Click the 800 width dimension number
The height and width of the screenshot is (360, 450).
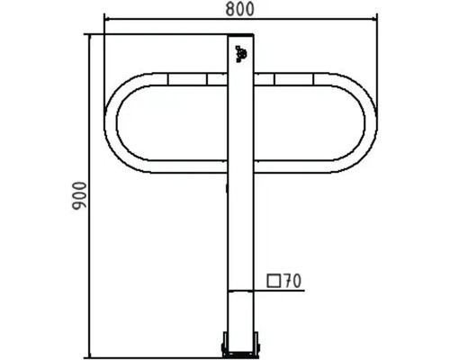point(240,9)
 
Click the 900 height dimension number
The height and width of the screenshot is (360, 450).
point(80,195)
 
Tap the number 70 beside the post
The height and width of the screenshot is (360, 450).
point(292,281)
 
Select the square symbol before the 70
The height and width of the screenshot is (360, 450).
point(274,281)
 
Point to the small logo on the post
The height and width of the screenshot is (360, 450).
point(241,54)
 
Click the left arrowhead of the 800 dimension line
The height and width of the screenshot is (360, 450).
point(106,19)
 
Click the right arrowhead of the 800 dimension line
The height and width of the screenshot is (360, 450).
point(375,19)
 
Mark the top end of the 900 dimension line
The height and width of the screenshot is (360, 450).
point(90,34)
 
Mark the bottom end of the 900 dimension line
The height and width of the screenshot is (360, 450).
point(90,357)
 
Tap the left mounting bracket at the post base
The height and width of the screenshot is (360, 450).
point(224,344)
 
